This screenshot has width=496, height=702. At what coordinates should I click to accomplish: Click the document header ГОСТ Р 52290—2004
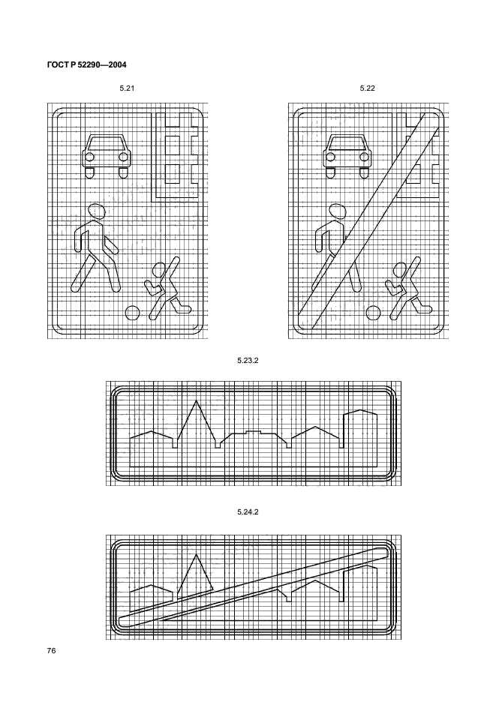86,65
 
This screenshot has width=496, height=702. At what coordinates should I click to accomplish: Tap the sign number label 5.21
127,88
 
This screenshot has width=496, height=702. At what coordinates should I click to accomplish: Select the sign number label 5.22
368,88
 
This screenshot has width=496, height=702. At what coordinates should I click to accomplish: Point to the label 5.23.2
248,361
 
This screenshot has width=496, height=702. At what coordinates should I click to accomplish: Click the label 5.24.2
248,511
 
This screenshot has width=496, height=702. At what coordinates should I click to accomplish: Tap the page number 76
51,650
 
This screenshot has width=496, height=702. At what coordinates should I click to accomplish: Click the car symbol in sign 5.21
107,156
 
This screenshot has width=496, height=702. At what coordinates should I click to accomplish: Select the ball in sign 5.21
132,313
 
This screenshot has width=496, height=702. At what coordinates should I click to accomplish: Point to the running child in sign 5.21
167,289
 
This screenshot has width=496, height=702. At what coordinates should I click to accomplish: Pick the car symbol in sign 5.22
347,156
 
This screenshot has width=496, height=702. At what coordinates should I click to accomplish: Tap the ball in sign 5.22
373,313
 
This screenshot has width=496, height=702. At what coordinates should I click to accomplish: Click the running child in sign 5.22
407,289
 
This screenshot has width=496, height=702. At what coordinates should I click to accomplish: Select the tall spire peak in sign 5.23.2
196,401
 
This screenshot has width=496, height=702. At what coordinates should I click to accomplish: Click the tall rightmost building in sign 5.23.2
360,439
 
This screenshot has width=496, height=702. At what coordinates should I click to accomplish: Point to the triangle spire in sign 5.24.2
195,577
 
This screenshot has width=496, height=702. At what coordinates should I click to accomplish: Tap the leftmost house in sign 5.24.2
151,598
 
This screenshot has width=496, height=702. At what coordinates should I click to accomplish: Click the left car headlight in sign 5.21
89,157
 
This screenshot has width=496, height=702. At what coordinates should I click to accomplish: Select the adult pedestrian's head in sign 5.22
338,211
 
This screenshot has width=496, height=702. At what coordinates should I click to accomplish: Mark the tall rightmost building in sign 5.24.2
360,592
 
